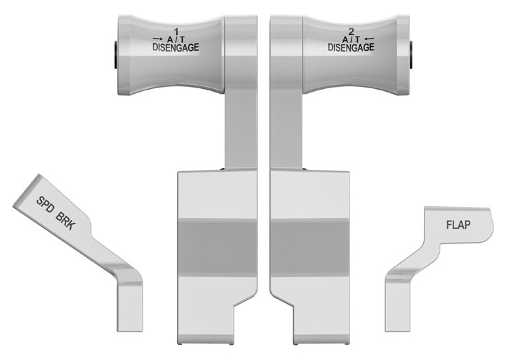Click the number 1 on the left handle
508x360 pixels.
click(x=176, y=32)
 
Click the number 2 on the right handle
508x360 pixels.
click(x=351, y=32)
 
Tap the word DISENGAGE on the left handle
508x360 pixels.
click(x=176, y=48)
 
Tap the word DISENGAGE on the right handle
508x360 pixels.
click(x=351, y=48)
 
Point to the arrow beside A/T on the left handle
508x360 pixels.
click(x=158, y=39)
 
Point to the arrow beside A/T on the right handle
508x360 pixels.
click(x=369, y=39)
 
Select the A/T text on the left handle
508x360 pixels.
click(x=176, y=39)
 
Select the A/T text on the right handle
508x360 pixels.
click(x=352, y=39)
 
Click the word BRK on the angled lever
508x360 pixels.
click(x=66, y=221)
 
